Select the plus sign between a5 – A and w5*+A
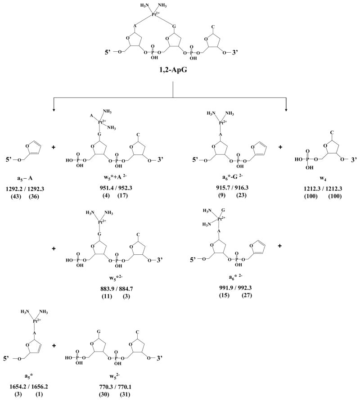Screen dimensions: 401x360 pyautogui.click(x=54, y=135)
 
